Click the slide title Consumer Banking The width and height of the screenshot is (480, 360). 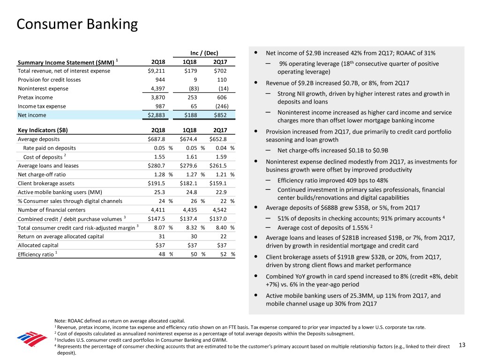77,24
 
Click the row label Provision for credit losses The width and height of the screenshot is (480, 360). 49,80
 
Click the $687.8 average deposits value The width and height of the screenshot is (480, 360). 157,139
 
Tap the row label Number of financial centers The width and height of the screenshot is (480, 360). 52,210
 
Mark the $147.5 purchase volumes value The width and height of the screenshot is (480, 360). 157,218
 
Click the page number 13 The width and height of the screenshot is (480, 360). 462,345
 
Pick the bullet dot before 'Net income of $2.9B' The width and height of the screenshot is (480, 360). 254,52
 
